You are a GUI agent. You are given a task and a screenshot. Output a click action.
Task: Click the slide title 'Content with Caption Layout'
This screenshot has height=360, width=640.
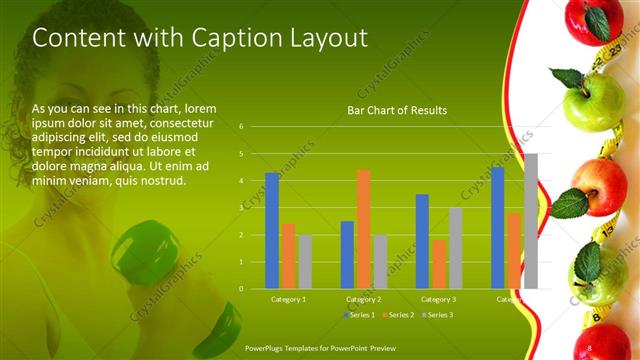click(x=200, y=38)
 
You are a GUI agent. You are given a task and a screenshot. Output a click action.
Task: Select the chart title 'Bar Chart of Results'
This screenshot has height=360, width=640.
click(x=397, y=110)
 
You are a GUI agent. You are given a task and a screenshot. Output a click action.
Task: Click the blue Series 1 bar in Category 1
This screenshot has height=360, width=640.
click(x=272, y=230)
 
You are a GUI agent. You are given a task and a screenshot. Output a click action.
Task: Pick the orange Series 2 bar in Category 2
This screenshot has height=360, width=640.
click(x=363, y=229)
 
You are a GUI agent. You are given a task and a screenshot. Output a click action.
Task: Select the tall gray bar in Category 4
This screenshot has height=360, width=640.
click(x=531, y=221)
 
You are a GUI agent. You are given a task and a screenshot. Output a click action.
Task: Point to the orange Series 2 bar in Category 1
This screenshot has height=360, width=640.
click(x=288, y=255)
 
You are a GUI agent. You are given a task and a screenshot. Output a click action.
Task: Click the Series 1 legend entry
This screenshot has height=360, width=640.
click(x=361, y=315)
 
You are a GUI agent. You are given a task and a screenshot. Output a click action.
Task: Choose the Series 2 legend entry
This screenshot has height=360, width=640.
click(x=397, y=315)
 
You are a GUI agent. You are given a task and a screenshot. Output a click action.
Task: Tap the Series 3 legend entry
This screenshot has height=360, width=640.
click(x=432, y=315)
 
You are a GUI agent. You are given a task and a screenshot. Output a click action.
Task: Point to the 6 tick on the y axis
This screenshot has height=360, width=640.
click(x=241, y=127)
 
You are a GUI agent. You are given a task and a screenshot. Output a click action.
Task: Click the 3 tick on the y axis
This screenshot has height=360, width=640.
click(x=241, y=208)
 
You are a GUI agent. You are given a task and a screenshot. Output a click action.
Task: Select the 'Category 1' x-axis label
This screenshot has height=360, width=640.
click(x=289, y=299)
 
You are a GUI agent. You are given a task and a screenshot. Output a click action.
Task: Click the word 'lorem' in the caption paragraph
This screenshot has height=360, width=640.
click(x=200, y=108)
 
